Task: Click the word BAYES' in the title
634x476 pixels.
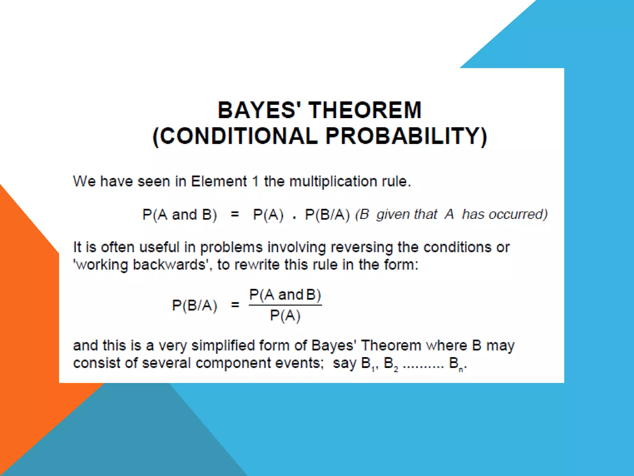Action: [261, 110]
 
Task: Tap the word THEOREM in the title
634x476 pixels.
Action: [365, 110]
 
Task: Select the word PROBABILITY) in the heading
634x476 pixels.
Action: [406, 136]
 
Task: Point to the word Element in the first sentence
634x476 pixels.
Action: [219, 182]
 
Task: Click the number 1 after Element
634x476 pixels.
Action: [255, 182]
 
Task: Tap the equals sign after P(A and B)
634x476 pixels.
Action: [235, 214]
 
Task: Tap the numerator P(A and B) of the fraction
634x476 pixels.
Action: [285, 295]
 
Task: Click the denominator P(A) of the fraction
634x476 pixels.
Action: [285, 316]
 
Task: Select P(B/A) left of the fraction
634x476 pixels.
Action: [195, 306]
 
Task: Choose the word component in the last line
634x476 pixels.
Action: [233, 363]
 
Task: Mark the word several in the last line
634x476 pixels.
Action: [166, 363]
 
